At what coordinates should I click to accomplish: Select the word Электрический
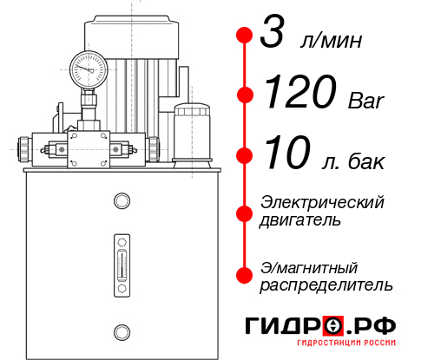tap(322, 202)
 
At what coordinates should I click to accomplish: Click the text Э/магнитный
tap(309, 266)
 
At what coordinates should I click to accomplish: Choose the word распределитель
tap(326, 285)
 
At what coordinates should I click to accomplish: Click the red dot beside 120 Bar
tap(245, 94)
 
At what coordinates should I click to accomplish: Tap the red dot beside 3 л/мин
tap(245, 36)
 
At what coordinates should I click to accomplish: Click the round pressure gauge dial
tap(89, 67)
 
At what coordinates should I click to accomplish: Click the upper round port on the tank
tap(121, 201)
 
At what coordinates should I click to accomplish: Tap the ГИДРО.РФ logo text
tap(320, 326)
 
